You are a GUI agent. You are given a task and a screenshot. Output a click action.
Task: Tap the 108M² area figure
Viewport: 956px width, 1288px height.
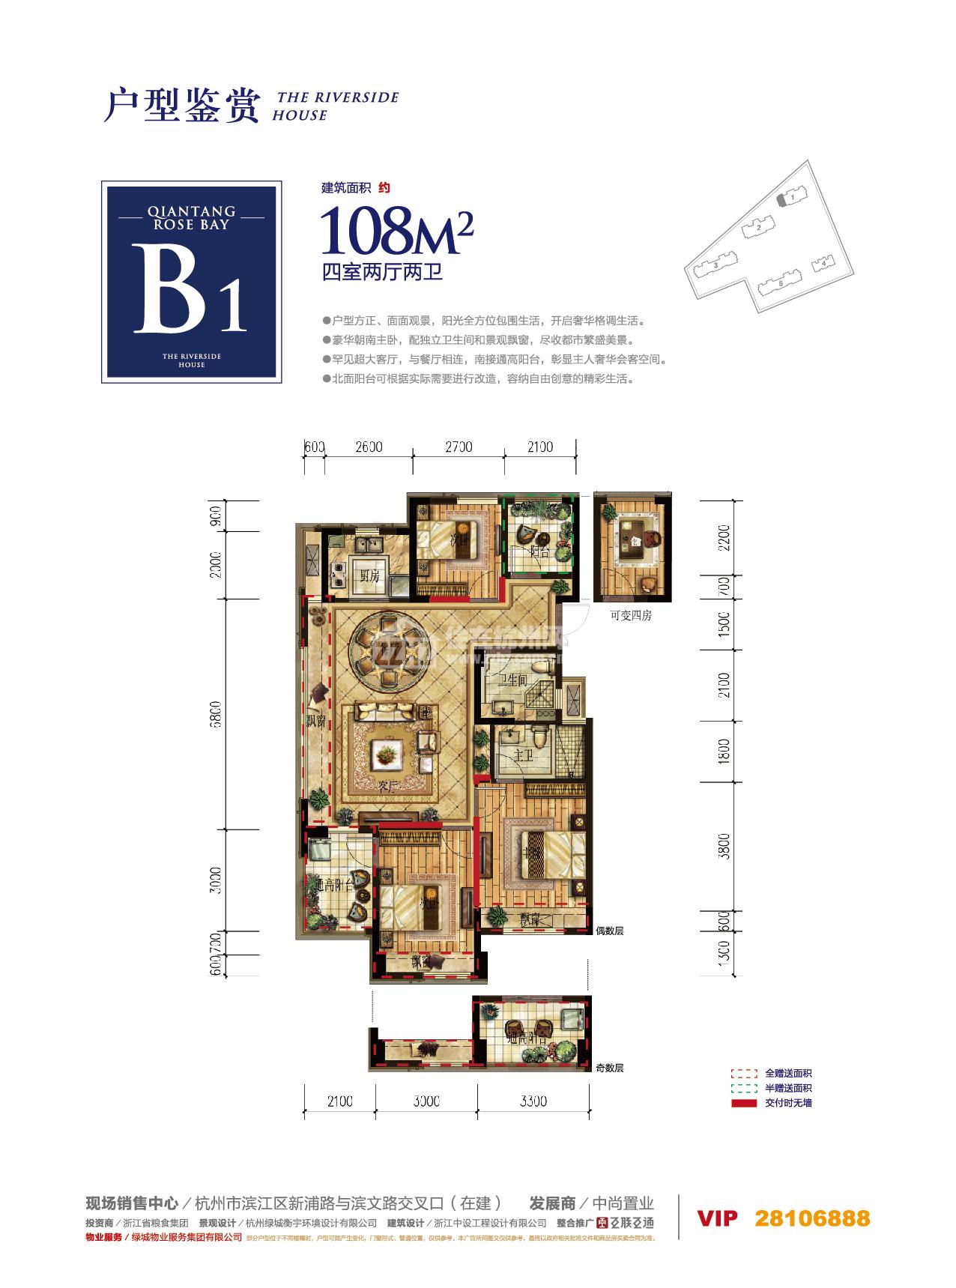pyautogui.click(x=396, y=232)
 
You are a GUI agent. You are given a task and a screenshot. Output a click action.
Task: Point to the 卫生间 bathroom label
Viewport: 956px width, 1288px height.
pyautogui.click(x=513, y=680)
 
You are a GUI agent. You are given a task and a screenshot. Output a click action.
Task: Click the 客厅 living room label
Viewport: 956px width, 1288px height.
pyautogui.click(x=387, y=787)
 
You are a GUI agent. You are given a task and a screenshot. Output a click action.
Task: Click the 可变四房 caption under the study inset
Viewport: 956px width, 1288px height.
pyautogui.click(x=631, y=616)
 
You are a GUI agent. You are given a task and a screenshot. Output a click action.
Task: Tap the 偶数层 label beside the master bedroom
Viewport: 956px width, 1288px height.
pyautogui.click(x=609, y=931)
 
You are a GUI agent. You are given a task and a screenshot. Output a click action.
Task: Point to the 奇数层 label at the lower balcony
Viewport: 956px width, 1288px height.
pyautogui.click(x=609, y=1068)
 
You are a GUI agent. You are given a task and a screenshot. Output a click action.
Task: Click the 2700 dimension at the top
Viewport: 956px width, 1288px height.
pyautogui.click(x=459, y=447)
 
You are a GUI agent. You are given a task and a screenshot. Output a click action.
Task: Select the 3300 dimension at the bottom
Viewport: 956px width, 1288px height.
pyautogui.click(x=533, y=1101)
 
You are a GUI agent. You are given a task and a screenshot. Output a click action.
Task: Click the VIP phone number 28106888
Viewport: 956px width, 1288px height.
pyautogui.click(x=812, y=1218)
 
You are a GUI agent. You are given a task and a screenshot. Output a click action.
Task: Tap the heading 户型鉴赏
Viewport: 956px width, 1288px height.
pyautogui.click(x=181, y=106)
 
